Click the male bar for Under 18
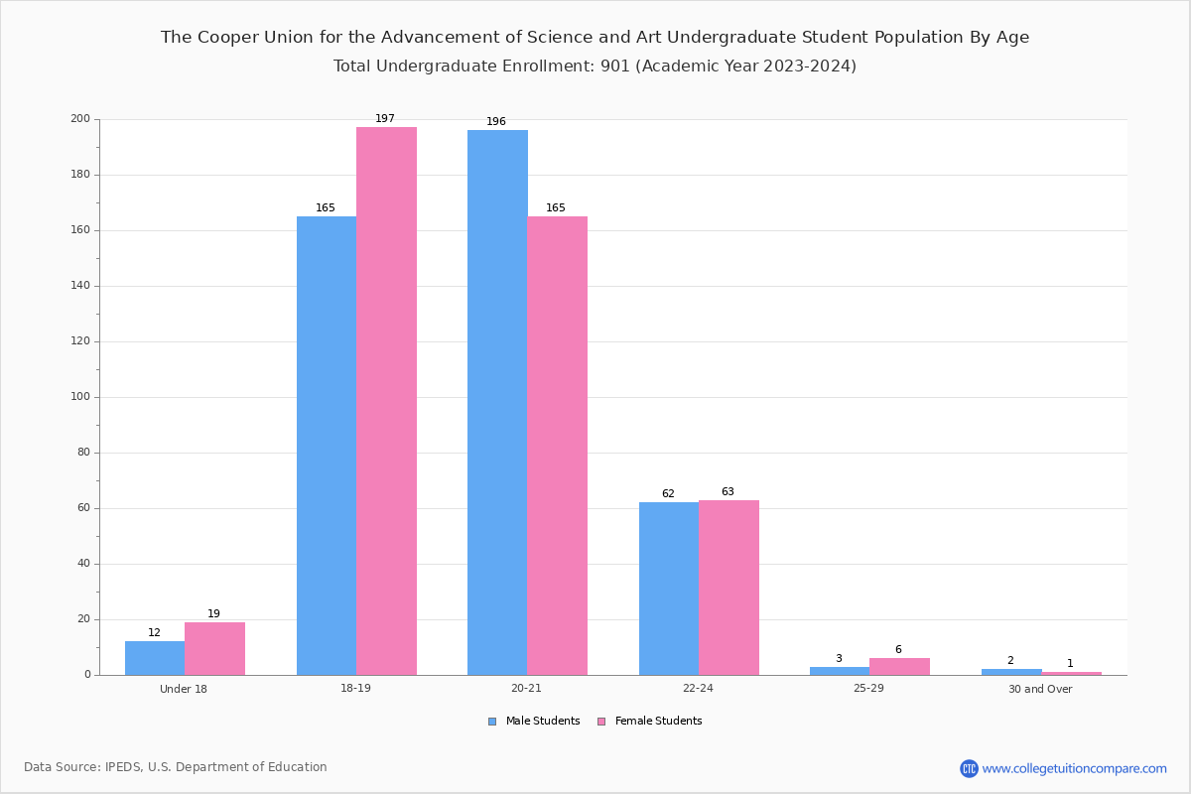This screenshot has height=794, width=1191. (x=155, y=658)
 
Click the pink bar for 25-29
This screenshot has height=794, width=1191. (x=899, y=666)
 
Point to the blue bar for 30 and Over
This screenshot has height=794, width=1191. (x=1011, y=672)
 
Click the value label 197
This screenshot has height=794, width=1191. (x=385, y=119)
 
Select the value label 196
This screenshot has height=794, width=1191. (x=496, y=122)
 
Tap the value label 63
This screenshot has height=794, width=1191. (x=728, y=492)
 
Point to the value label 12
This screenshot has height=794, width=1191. (x=154, y=633)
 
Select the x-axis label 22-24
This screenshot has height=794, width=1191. (x=698, y=689)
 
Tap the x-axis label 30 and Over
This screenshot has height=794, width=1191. (x=1040, y=689)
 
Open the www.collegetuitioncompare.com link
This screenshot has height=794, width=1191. (x=1074, y=768)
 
